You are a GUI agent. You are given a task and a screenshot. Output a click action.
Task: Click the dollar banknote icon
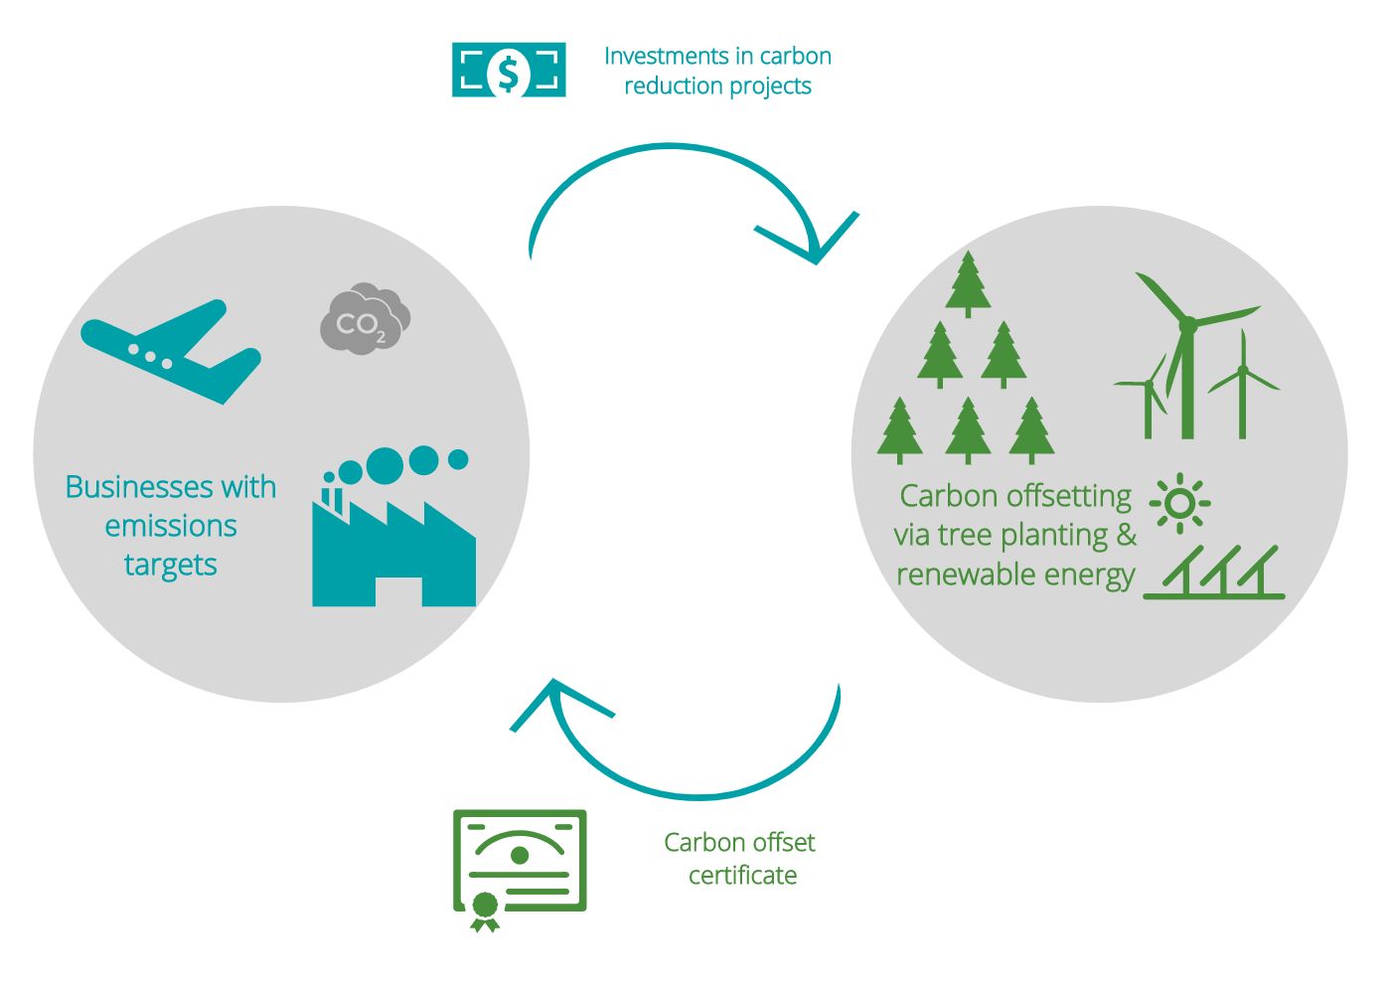509,70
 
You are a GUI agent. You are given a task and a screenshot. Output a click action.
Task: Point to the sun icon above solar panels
1179,503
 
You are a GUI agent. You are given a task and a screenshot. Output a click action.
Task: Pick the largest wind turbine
1187,338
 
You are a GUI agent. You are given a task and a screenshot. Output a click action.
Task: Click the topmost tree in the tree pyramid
968,283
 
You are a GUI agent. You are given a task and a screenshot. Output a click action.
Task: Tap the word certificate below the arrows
742,876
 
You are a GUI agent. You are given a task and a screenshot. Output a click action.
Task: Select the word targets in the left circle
170,565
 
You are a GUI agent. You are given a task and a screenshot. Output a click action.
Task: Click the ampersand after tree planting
1126,535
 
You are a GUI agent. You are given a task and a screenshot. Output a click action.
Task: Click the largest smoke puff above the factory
385,465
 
